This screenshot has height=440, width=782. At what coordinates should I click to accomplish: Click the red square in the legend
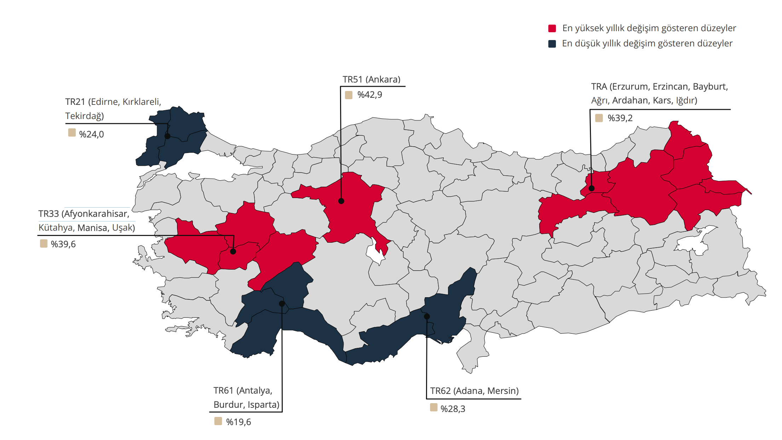[552, 28]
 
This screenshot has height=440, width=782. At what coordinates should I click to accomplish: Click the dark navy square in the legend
[552, 44]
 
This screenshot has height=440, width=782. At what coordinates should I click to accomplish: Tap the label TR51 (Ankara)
[371, 79]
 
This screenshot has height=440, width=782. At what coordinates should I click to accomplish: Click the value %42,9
[369, 95]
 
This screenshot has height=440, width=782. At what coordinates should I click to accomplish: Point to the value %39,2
[620, 118]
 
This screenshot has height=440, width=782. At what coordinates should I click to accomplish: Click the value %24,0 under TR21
[91, 134]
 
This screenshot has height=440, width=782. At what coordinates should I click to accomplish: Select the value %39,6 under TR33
[63, 244]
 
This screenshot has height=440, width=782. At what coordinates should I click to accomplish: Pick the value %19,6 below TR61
[238, 422]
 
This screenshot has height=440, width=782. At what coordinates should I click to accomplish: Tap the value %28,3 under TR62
[453, 409]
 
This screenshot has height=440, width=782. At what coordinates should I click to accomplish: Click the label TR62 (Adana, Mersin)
[474, 391]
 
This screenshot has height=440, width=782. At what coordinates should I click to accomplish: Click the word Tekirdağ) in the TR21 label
[85, 116]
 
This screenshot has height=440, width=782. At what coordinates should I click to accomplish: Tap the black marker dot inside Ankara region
[341, 201]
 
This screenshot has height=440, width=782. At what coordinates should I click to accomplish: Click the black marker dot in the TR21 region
[167, 136]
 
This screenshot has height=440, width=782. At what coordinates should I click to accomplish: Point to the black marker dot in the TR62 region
[427, 316]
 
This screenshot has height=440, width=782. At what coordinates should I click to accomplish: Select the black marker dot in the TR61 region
[282, 304]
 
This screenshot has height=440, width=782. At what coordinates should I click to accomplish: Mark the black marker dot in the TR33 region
[233, 252]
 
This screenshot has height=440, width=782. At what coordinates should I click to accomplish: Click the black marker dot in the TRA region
[591, 188]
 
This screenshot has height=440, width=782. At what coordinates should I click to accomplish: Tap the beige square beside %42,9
[349, 95]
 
